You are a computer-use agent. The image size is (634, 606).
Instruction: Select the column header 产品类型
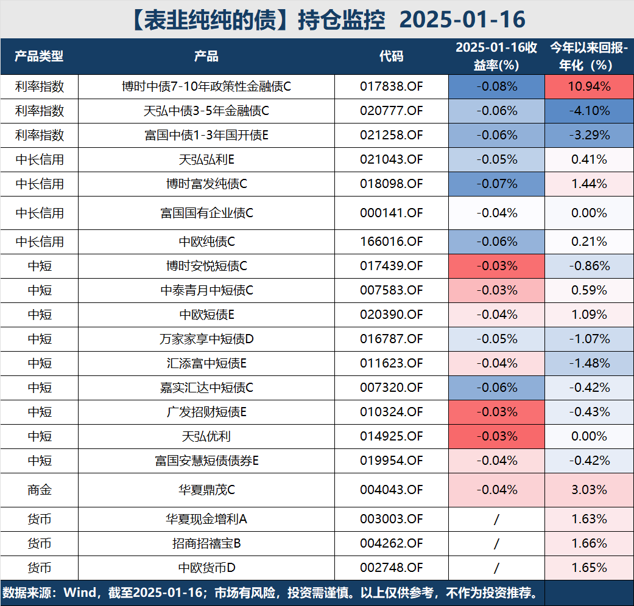coord(40,57)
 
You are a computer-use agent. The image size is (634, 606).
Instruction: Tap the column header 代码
coord(391,57)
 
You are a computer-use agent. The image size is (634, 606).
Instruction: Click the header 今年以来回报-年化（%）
coord(589,57)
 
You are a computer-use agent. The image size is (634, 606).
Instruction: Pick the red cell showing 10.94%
coord(589,86)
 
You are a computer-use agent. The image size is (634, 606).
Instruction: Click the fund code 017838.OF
coord(391,86)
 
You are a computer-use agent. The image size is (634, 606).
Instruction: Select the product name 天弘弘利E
coord(206,159)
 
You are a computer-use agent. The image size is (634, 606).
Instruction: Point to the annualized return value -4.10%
coord(589,111)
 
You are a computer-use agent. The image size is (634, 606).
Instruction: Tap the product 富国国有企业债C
coord(206,213)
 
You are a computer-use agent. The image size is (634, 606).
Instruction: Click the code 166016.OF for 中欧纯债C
coord(391,242)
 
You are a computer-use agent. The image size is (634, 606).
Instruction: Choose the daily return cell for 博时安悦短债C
coord(496,266)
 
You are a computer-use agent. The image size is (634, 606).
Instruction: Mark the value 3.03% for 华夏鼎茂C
coord(589,490)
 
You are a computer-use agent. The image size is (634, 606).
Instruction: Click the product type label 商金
coord(40,490)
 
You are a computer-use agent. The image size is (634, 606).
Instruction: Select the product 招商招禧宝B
coord(206,543)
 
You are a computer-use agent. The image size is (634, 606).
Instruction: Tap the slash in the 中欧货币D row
coord(496,568)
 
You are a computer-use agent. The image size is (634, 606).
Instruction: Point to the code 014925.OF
coord(391,436)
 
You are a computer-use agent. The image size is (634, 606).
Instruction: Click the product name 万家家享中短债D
coord(206,339)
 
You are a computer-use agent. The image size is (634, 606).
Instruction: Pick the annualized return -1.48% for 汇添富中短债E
coord(589,363)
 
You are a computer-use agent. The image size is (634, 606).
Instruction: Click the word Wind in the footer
coord(80,593)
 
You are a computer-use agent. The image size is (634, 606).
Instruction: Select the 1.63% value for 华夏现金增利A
coord(589,519)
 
